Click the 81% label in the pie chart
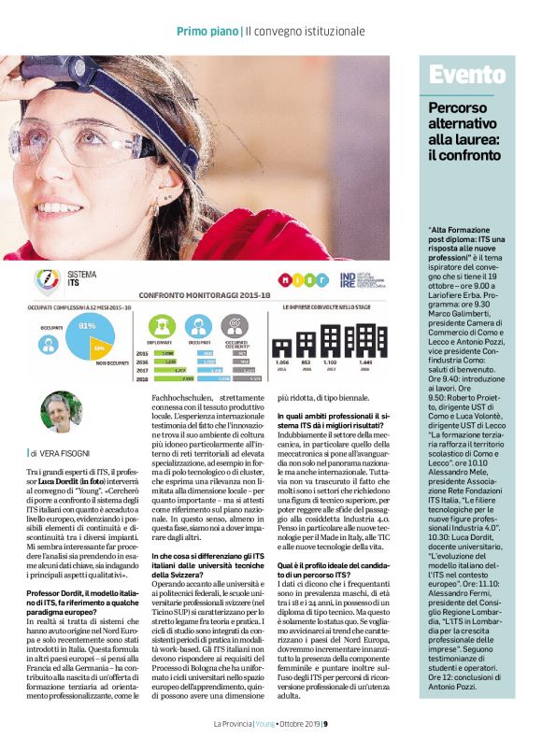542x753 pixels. point(87,326)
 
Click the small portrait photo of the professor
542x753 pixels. point(59,411)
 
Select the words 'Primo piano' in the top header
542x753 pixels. point(207,33)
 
